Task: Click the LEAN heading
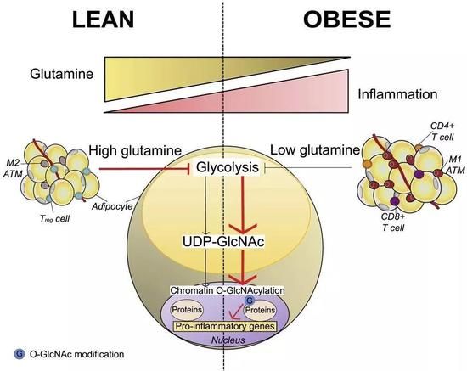pos(103,20)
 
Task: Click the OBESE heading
pos(347,20)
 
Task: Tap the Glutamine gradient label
pos(62,74)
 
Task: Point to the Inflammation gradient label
pos(397,94)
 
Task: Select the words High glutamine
pos(135,150)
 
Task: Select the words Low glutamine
pos(315,150)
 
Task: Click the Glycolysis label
pos(228,167)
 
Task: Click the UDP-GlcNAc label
pos(223,241)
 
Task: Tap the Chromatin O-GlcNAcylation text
pos(228,290)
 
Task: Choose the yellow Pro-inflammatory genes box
pos(225,326)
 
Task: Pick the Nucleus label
pos(228,340)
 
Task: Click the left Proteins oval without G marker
pos(187,310)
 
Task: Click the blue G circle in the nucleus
pos(249,301)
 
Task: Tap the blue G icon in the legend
pos(19,354)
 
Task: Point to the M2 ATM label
pos(13,168)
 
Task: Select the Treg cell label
pos(54,219)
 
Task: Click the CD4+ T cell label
pos(442,132)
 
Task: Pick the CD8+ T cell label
pos(393,222)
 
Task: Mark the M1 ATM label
pos(455,165)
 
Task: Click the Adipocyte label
pos(112,206)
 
